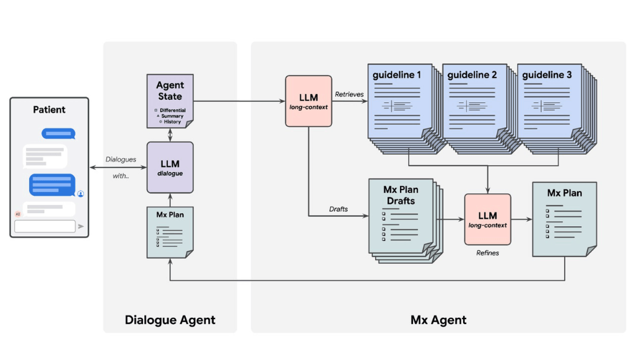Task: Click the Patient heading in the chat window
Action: (49, 110)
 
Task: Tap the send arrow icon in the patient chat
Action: (81, 226)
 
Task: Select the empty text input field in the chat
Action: (45, 226)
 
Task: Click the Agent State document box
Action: (170, 100)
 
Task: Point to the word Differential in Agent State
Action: (172, 110)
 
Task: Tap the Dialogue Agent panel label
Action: (170, 320)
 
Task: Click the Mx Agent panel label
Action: (438, 320)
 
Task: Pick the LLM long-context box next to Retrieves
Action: (308, 101)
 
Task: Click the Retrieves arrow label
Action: (349, 94)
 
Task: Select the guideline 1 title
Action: (397, 75)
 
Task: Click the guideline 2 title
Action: (472, 75)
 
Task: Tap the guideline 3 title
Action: (547, 75)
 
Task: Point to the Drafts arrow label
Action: (338, 209)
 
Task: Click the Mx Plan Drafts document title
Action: (401, 195)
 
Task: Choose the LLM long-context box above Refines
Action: (487, 219)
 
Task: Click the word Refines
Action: (487, 253)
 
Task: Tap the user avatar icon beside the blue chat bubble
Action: (80, 194)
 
